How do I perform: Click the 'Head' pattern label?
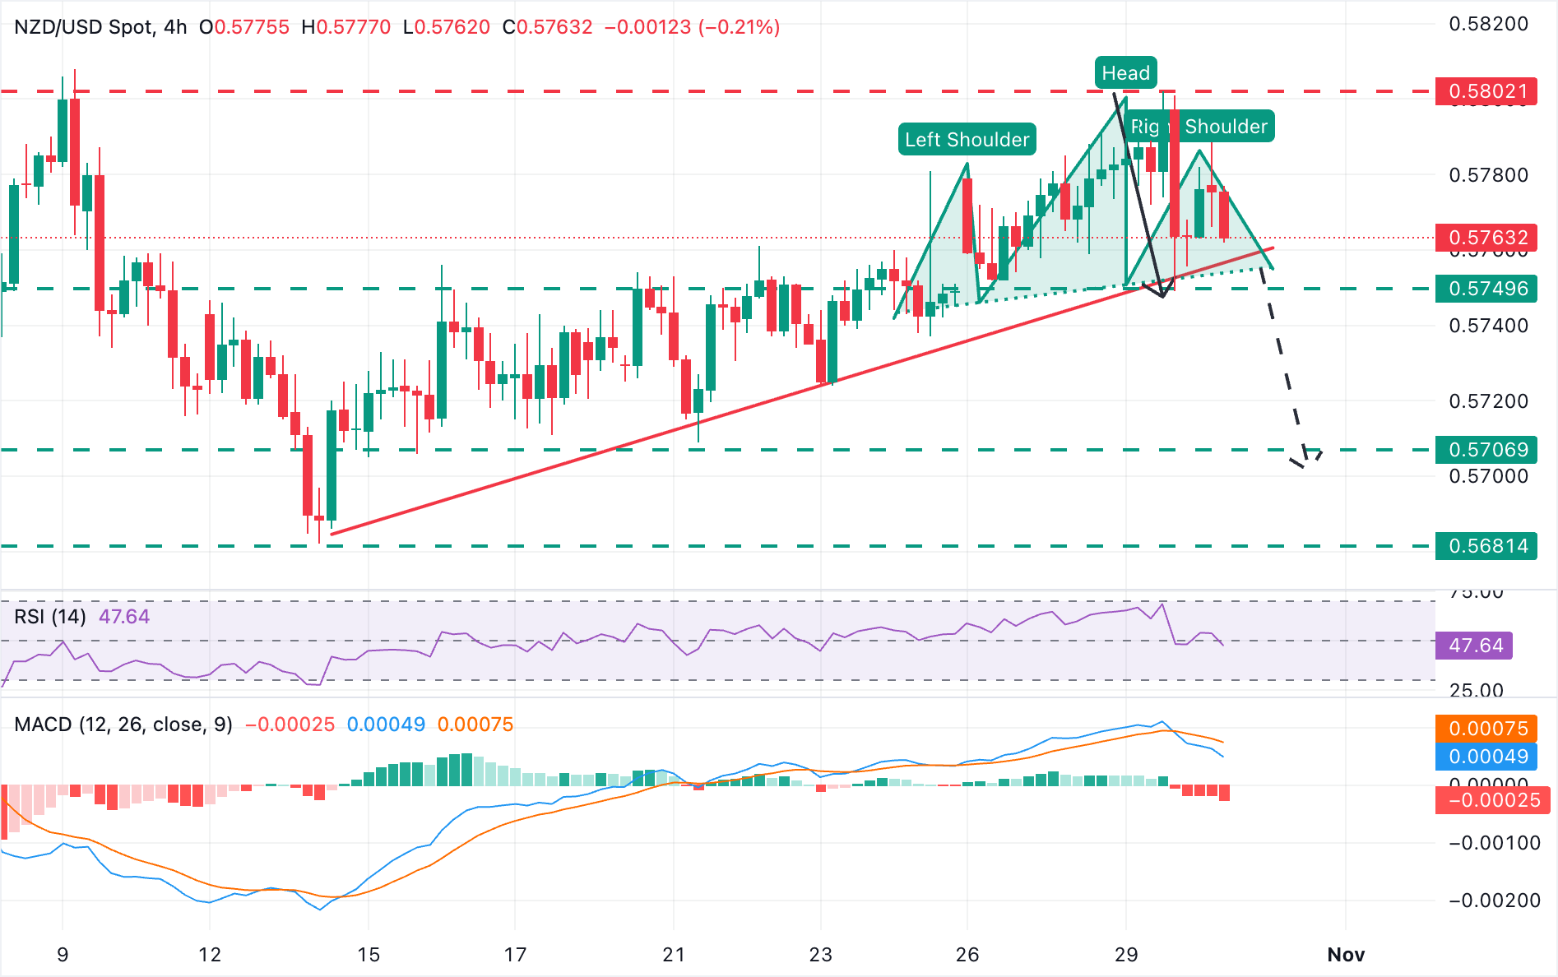pyautogui.click(x=1125, y=73)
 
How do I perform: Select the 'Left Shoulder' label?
pyautogui.click(x=967, y=140)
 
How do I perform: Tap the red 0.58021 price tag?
pyautogui.click(x=1487, y=91)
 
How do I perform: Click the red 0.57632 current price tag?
pyautogui.click(x=1487, y=238)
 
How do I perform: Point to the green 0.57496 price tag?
pyautogui.click(x=1487, y=289)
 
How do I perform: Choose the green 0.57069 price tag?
pyautogui.click(x=1487, y=450)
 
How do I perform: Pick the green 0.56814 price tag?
pyautogui.click(x=1487, y=546)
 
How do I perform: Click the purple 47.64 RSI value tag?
pyautogui.click(x=1475, y=646)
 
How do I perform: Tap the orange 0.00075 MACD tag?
pyautogui.click(x=1487, y=729)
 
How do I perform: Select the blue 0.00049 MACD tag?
pyautogui.click(x=1487, y=757)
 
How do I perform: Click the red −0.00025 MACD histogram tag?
pyautogui.click(x=1492, y=800)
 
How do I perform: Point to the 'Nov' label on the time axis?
pyautogui.click(x=1346, y=955)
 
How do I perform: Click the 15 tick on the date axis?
pyautogui.click(x=369, y=955)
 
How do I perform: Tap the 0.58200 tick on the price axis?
pyautogui.click(x=1488, y=24)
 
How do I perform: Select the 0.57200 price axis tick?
pyautogui.click(x=1488, y=401)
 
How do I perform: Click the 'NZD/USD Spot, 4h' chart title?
pyautogui.click(x=100, y=27)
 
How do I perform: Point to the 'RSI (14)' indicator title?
pyautogui.click(x=50, y=617)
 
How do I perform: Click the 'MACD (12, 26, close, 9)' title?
pyautogui.click(x=123, y=725)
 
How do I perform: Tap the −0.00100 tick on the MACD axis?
pyautogui.click(x=1495, y=843)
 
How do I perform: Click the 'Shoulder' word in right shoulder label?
pyautogui.click(x=1226, y=127)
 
